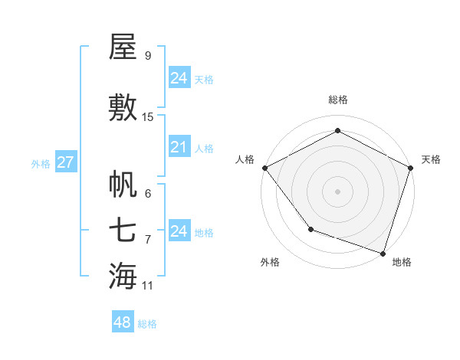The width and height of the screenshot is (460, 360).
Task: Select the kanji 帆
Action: coord(123,185)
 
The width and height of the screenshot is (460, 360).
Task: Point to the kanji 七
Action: coord(123,230)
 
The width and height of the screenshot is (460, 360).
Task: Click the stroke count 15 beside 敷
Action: coord(148,116)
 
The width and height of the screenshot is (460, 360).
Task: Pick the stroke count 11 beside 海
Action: coord(148,286)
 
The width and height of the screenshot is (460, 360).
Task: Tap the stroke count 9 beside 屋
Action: coord(148,56)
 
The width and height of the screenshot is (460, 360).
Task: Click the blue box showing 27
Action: coord(65,162)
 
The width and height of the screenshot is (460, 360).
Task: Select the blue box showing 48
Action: coord(123,322)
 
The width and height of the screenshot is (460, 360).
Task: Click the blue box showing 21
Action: coord(179,147)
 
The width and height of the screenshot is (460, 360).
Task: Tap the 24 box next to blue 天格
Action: coord(179,77)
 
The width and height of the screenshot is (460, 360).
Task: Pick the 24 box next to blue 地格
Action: coord(179,231)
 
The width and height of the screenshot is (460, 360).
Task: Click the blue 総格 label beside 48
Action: coord(147,324)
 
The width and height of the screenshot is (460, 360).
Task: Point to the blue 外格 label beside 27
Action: coord(41,163)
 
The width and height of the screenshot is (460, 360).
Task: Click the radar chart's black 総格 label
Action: coord(338,100)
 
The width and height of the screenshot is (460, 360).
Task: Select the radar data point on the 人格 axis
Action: coord(264,168)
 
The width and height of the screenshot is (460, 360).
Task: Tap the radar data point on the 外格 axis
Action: coord(310,229)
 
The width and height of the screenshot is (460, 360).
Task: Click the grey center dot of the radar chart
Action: coord(338,191)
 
